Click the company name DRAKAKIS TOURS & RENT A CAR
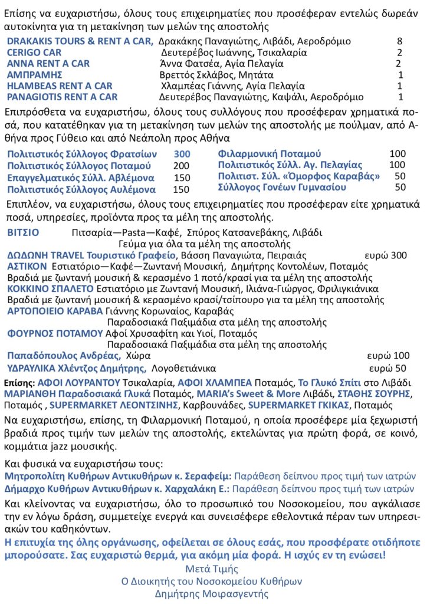point(80,41)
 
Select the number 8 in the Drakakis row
point(400,41)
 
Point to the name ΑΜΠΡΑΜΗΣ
point(34,75)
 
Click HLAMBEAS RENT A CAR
point(59,86)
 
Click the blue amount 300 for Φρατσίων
point(182,154)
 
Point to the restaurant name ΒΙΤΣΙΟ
point(23,232)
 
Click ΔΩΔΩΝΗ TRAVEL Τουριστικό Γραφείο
point(91,255)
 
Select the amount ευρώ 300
point(386,255)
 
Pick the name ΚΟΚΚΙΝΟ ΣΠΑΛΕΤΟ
point(50,289)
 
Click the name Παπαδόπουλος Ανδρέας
point(64,356)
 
